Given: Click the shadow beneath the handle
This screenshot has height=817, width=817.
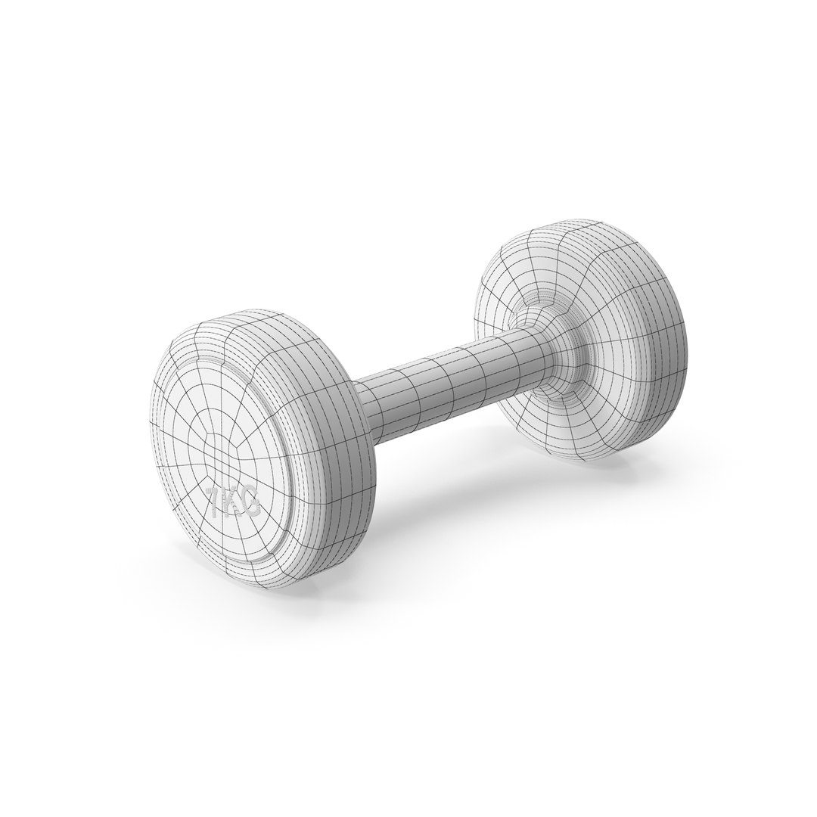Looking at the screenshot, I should [454, 484].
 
